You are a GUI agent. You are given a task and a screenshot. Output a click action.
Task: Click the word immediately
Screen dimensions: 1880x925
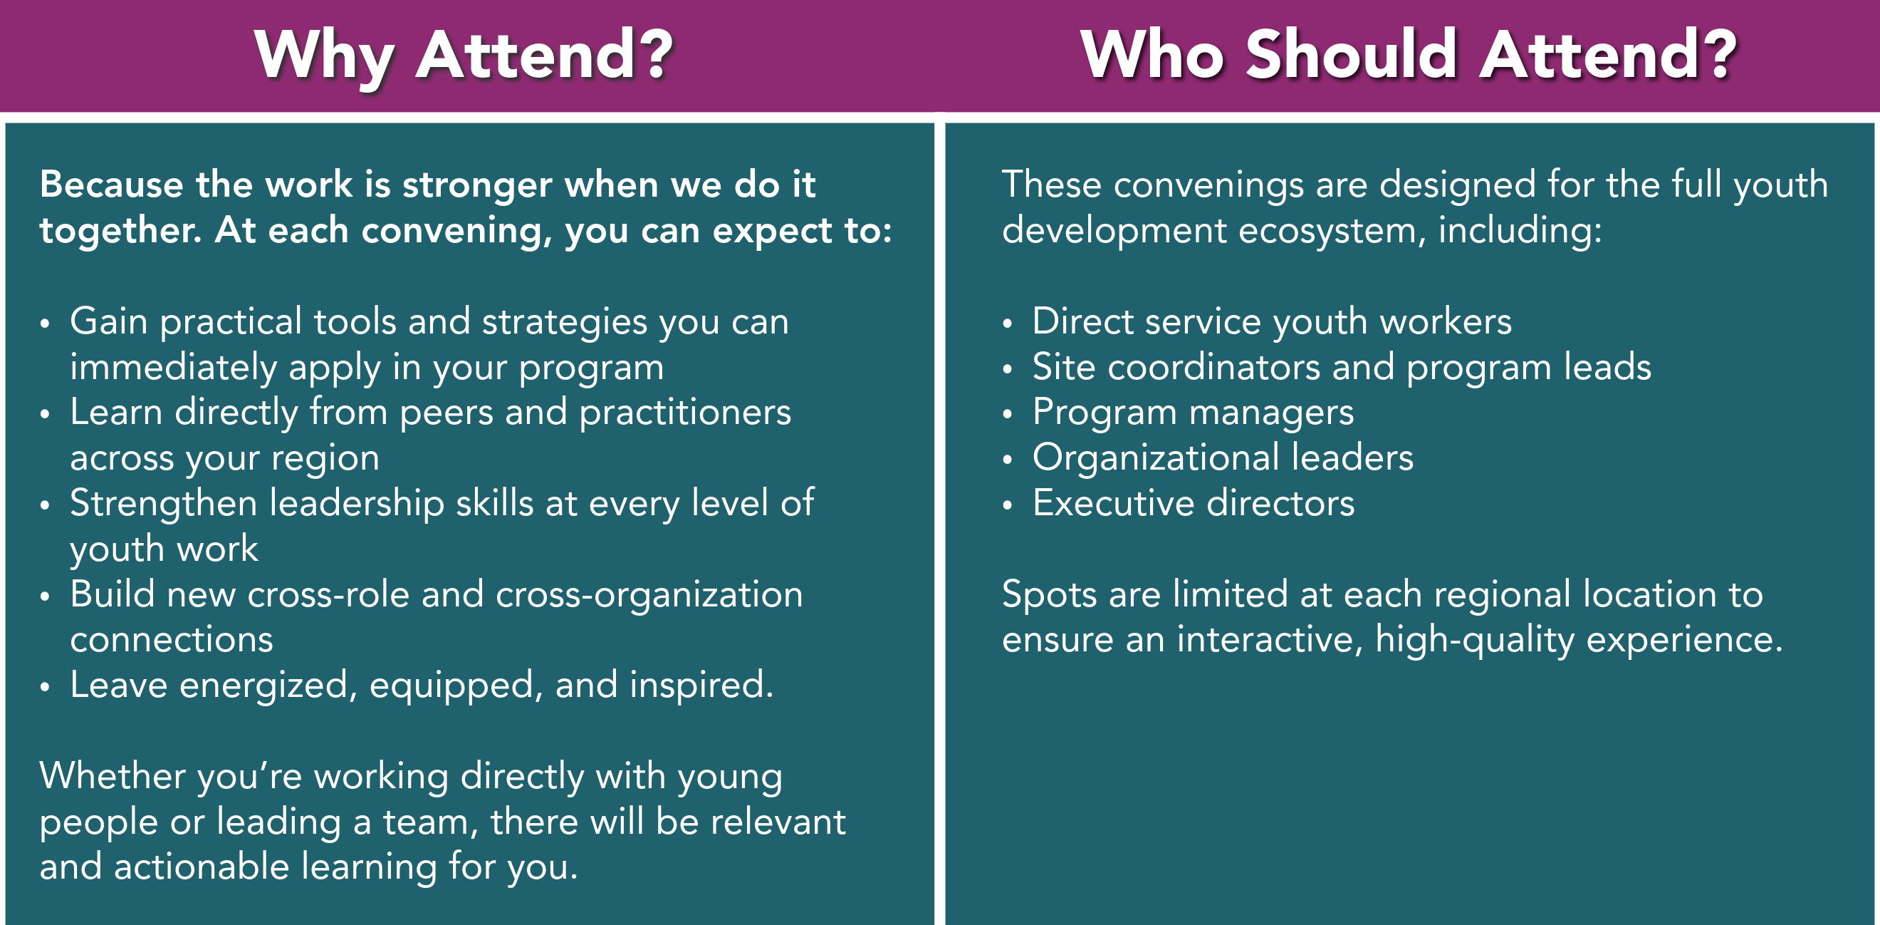click(174, 368)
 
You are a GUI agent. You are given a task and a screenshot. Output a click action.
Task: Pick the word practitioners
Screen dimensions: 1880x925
click(685, 413)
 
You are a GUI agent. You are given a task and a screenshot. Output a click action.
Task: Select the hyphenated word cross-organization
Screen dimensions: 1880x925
click(649, 594)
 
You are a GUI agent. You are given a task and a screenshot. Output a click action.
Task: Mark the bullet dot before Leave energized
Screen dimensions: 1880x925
click(46, 686)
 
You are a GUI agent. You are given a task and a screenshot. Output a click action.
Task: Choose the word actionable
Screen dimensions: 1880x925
click(202, 867)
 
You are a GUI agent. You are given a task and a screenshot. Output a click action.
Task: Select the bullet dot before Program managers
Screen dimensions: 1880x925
click(1008, 414)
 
